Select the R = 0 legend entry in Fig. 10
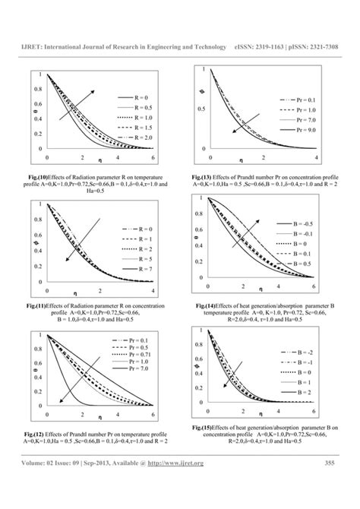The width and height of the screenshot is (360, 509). [137, 98]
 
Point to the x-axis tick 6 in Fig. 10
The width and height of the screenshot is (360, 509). [153, 156]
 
